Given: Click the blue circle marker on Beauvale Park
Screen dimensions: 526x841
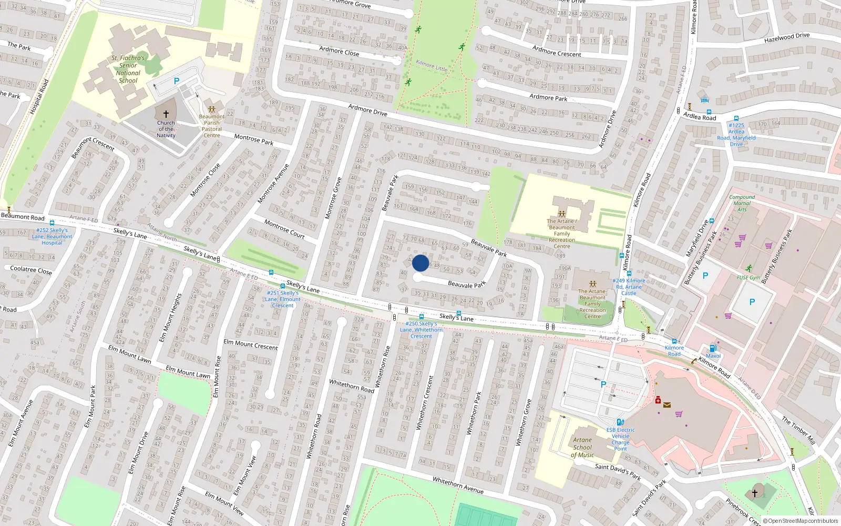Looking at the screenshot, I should pos(420,263).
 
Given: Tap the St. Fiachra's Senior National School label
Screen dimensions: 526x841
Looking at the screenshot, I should pos(128,69).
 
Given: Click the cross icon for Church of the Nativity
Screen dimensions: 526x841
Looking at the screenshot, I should pos(166,114).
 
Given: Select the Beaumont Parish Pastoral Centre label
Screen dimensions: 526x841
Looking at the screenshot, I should pos(212,126).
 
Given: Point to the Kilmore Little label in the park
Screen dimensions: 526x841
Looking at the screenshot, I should pos(432,65).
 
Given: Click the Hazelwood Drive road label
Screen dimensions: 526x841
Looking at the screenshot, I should pos(786,38).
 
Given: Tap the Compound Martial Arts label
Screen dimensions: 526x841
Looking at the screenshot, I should pos(742,204).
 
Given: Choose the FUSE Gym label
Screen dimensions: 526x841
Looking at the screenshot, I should pos(748,278).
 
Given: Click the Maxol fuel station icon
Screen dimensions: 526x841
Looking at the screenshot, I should pos(713,348).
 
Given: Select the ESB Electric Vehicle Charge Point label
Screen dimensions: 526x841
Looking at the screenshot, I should pos(620,439).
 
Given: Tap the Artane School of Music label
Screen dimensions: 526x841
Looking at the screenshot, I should pos(582,448).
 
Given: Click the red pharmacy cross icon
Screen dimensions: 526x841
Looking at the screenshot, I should pos(658,400).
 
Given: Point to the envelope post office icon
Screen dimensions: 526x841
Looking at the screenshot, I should pos(666,405).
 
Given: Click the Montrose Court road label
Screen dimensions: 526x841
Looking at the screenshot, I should pos(284,229).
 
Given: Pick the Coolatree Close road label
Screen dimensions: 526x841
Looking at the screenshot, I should pos(31,270).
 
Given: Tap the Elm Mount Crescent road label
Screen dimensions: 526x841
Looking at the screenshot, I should pos(251,345).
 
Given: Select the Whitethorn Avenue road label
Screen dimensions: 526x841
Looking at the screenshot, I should pos(458,485).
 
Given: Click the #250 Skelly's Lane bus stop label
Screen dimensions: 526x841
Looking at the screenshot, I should pos(421,330).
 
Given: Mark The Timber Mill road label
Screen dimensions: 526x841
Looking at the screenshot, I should pos(798,430).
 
